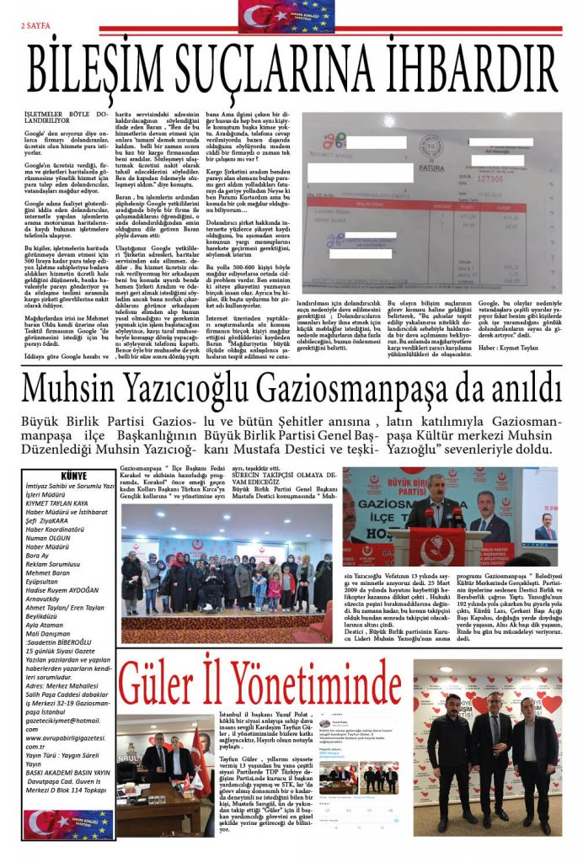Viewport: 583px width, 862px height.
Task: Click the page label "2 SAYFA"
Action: (35, 25)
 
